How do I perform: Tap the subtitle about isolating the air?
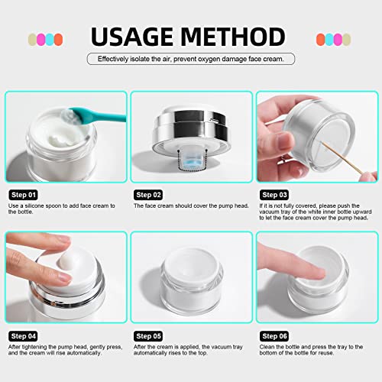(191, 59)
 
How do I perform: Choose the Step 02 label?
(150, 194)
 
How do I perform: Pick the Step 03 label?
(276, 194)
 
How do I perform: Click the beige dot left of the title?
(31, 38)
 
